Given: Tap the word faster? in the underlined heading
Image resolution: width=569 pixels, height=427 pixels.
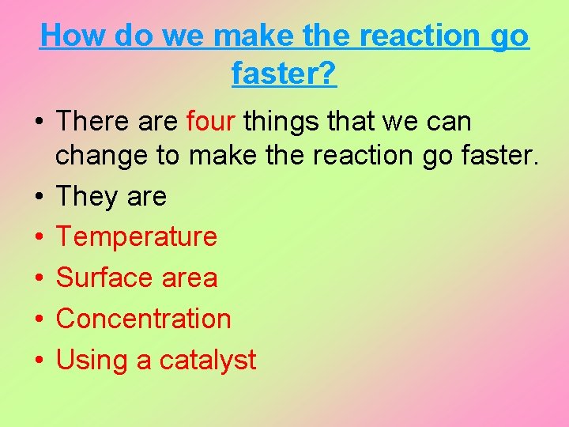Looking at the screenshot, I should tap(284, 74).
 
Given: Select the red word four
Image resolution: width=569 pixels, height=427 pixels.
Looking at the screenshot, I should tap(211, 122).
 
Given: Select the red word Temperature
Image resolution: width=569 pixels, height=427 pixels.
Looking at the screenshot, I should tap(137, 236).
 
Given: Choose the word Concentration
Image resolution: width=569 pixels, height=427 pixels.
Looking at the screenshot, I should tap(144, 319).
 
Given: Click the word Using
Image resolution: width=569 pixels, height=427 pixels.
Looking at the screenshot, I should tap(92, 361).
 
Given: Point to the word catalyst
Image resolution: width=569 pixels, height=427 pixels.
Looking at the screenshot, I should tap(208, 361).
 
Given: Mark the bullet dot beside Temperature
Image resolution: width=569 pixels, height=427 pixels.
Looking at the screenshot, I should tap(38, 237).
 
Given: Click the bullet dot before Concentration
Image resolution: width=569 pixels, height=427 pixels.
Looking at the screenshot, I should tap(38, 319).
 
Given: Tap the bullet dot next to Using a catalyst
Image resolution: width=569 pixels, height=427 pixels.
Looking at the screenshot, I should tap(38, 361).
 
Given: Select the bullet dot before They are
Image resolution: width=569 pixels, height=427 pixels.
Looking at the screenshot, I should tap(38, 196).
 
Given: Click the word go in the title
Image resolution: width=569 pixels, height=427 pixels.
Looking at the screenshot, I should tap(510, 37).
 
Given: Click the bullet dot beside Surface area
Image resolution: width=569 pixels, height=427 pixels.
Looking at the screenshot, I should tap(38, 278).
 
